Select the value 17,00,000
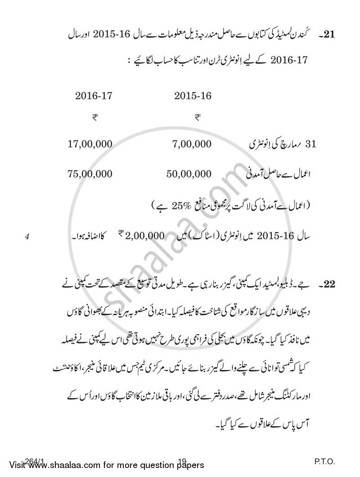pyautogui.click(x=90, y=144)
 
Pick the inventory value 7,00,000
pyautogui.click(x=191, y=144)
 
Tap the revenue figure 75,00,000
pyautogui.click(x=90, y=174)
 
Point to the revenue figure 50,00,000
pyautogui.click(x=189, y=174)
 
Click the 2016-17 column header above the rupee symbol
pyautogui.click(x=93, y=96)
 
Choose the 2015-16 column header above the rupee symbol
pyautogui.click(x=193, y=96)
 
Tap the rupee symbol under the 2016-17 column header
pyautogui.click(x=95, y=117)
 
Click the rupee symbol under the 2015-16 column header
pyautogui.click(x=197, y=117)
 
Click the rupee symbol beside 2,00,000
pyautogui.click(x=121, y=233)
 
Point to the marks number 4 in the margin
pyautogui.click(x=27, y=235)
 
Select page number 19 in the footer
pyautogui.click(x=182, y=462)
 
